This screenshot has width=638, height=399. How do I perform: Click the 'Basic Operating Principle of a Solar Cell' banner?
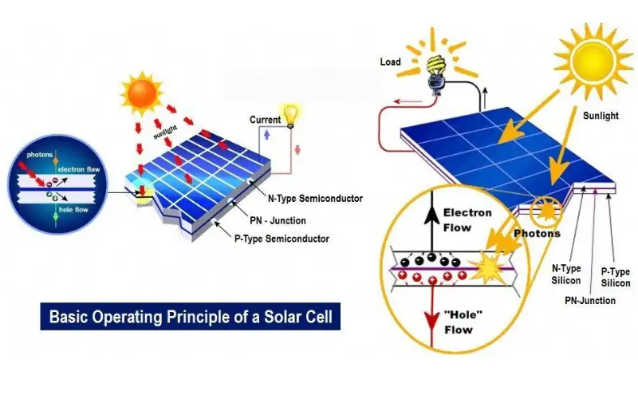[x=190, y=316]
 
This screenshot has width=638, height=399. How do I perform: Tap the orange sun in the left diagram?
[x=142, y=93]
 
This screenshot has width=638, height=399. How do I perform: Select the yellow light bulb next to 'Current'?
[x=290, y=117]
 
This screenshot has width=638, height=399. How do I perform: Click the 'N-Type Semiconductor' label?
[x=315, y=198]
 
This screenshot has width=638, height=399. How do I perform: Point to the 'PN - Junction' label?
[x=278, y=220]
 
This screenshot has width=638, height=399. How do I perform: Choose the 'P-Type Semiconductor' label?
[x=282, y=239]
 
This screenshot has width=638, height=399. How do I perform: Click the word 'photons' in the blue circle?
[x=40, y=155]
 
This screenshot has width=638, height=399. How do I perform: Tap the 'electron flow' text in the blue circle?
[x=79, y=169]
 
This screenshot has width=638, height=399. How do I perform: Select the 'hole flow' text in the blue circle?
[x=73, y=210]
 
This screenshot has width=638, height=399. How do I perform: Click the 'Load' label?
[x=391, y=62]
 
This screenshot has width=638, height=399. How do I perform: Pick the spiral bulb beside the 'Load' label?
[x=435, y=75]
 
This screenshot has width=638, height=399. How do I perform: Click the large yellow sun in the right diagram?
[x=593, y=61]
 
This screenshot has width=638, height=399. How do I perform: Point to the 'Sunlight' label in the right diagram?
[x=601, y=116]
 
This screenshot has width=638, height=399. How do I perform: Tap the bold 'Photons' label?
[x=537, y=233]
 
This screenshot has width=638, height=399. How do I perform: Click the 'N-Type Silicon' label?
[x=566, y=275]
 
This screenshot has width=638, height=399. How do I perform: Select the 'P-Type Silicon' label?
[x=616, y=277]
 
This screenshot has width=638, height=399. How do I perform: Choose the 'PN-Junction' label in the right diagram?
[x=590, y=301]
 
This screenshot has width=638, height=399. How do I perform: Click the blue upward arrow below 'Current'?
[x=267, y=134]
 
